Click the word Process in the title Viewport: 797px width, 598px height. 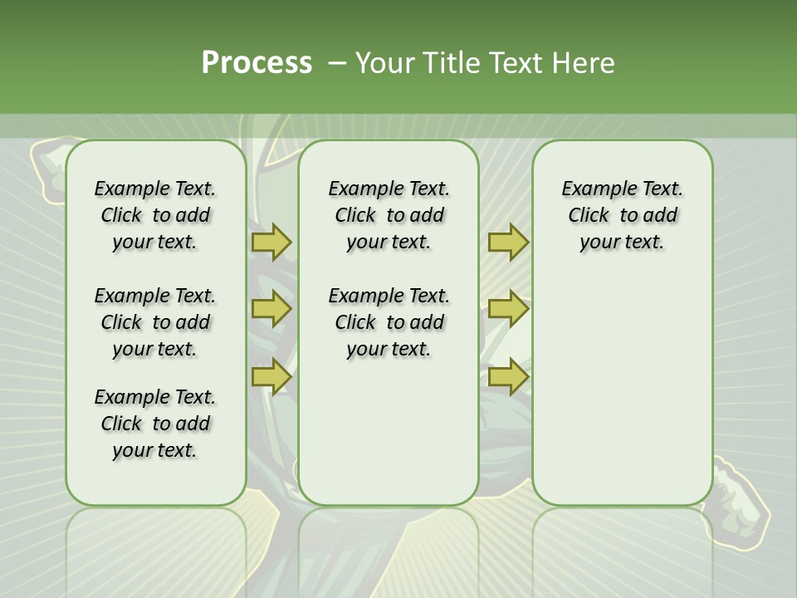click(256, 63)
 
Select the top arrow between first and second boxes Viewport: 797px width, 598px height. click(271, 243)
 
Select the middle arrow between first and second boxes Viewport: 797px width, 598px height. click(271, 309)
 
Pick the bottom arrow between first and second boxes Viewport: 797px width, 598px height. click(271, 376)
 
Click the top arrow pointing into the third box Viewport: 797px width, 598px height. click(508, 243)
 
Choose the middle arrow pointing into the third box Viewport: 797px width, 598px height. click(508, 309)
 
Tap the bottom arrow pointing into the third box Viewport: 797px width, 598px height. click(508, 376)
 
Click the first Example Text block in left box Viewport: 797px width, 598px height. click(155, 215)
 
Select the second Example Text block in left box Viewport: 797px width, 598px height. click(155, 322)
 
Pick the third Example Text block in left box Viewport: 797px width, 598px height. click(155, 424)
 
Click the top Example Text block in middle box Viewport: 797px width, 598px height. click(389, 215)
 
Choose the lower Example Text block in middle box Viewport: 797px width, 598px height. click(389, 322)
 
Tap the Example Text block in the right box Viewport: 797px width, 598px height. click(622, 215)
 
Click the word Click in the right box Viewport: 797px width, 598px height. click(588, 216)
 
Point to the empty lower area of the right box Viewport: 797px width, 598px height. click(622, 390)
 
